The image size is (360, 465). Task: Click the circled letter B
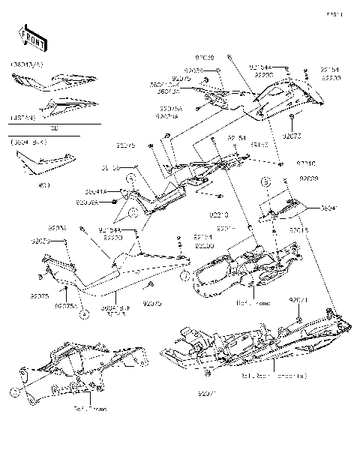click(285, 181)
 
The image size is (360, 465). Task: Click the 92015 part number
click(298, 230)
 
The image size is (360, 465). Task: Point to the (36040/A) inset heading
click(27, 65)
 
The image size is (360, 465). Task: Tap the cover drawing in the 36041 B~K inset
click(46, 162)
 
